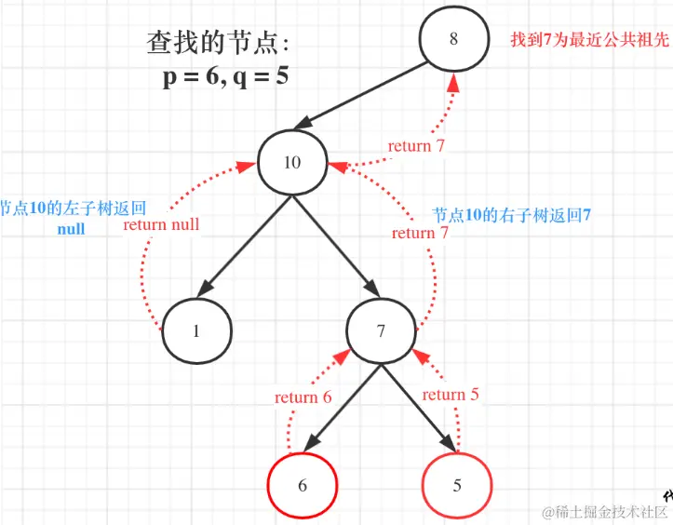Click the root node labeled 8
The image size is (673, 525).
453,39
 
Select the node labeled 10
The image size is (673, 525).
291,163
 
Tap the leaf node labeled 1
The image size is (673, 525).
196,330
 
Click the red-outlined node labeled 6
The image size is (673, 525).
302,486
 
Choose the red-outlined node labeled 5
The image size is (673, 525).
456,486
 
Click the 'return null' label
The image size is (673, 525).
161,224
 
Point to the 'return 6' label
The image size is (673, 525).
303,397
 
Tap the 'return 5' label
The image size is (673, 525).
451,395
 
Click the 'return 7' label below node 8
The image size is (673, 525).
416,145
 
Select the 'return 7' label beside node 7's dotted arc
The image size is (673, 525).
420,233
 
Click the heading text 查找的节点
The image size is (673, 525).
220,43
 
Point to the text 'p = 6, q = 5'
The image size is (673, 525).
225,76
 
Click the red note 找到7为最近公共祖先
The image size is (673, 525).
589,40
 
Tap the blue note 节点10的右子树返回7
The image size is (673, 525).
511,215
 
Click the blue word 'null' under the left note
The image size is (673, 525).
71,228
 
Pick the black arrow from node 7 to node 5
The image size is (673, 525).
419,410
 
